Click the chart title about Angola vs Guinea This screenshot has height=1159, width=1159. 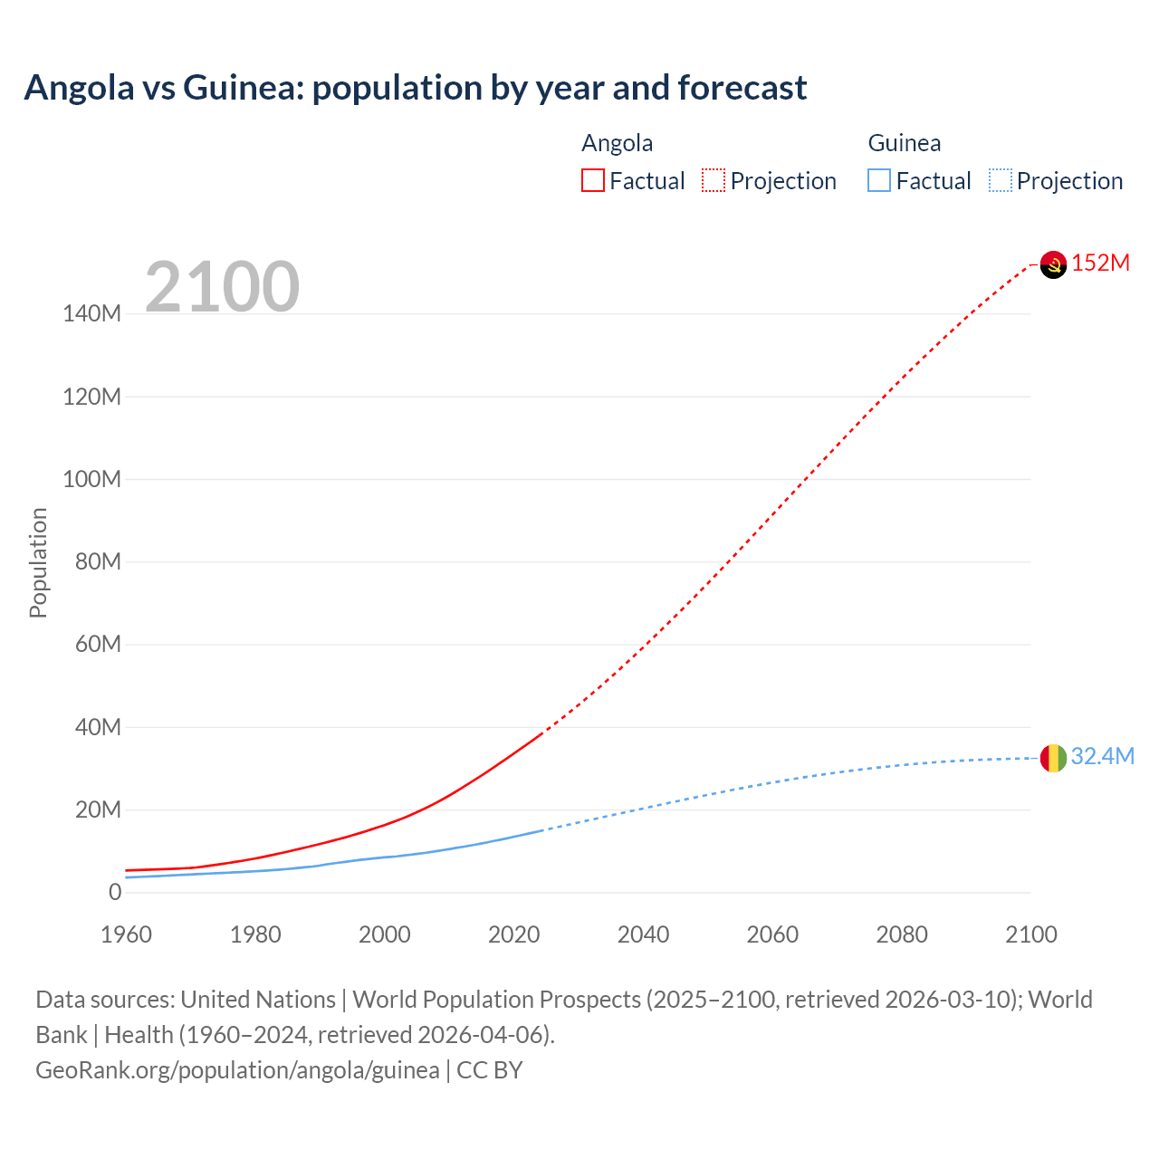click(416, 88)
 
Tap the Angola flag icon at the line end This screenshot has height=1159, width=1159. click(1053, 264)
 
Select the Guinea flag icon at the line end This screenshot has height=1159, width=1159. click(1053, 758)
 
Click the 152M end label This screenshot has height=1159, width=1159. click(1100, 263)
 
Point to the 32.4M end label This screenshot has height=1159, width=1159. click(1102, 757)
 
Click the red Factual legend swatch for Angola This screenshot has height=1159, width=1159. click(593, 181)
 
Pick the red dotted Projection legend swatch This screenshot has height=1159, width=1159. click(714, 181)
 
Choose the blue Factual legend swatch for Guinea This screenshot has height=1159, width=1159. click(879, 181)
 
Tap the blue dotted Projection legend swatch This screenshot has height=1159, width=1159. click(1001, 181)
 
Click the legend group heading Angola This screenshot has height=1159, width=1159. click(617, 143)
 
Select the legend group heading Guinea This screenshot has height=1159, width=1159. click(904, 143)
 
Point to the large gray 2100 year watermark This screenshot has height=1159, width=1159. click(222, 287)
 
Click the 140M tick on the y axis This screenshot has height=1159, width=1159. click(91, 314)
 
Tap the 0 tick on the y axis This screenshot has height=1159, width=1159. click(114, 892)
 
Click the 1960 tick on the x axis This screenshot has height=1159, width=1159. click(126, 934)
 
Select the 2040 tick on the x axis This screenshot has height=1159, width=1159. click(643, 934)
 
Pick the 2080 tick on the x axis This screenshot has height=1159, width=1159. click(902, 934)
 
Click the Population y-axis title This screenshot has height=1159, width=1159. click(38, 562)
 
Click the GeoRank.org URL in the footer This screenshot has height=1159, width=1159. click(237, 1070)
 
